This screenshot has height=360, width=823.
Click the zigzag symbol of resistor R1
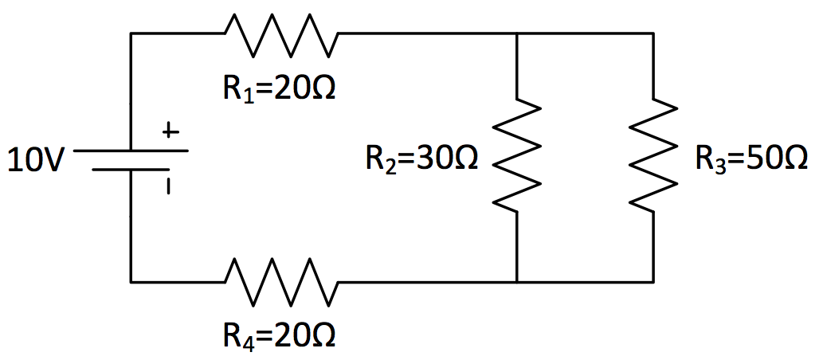pos(281,33)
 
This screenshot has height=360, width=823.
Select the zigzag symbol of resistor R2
pos(517,155)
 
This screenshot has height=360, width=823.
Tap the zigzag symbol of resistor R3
pos(654,155)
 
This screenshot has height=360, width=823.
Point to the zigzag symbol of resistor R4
pos(281,281)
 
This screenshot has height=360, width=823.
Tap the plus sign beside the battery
pos(169,133)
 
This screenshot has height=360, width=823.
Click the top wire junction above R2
pos(517,33)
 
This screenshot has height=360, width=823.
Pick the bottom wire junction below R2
pos(517,281)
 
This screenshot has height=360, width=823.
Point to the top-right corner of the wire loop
pos(654,33)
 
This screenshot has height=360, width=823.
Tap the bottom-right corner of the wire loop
pos(654,281)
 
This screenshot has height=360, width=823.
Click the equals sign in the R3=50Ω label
pos(734,159)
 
